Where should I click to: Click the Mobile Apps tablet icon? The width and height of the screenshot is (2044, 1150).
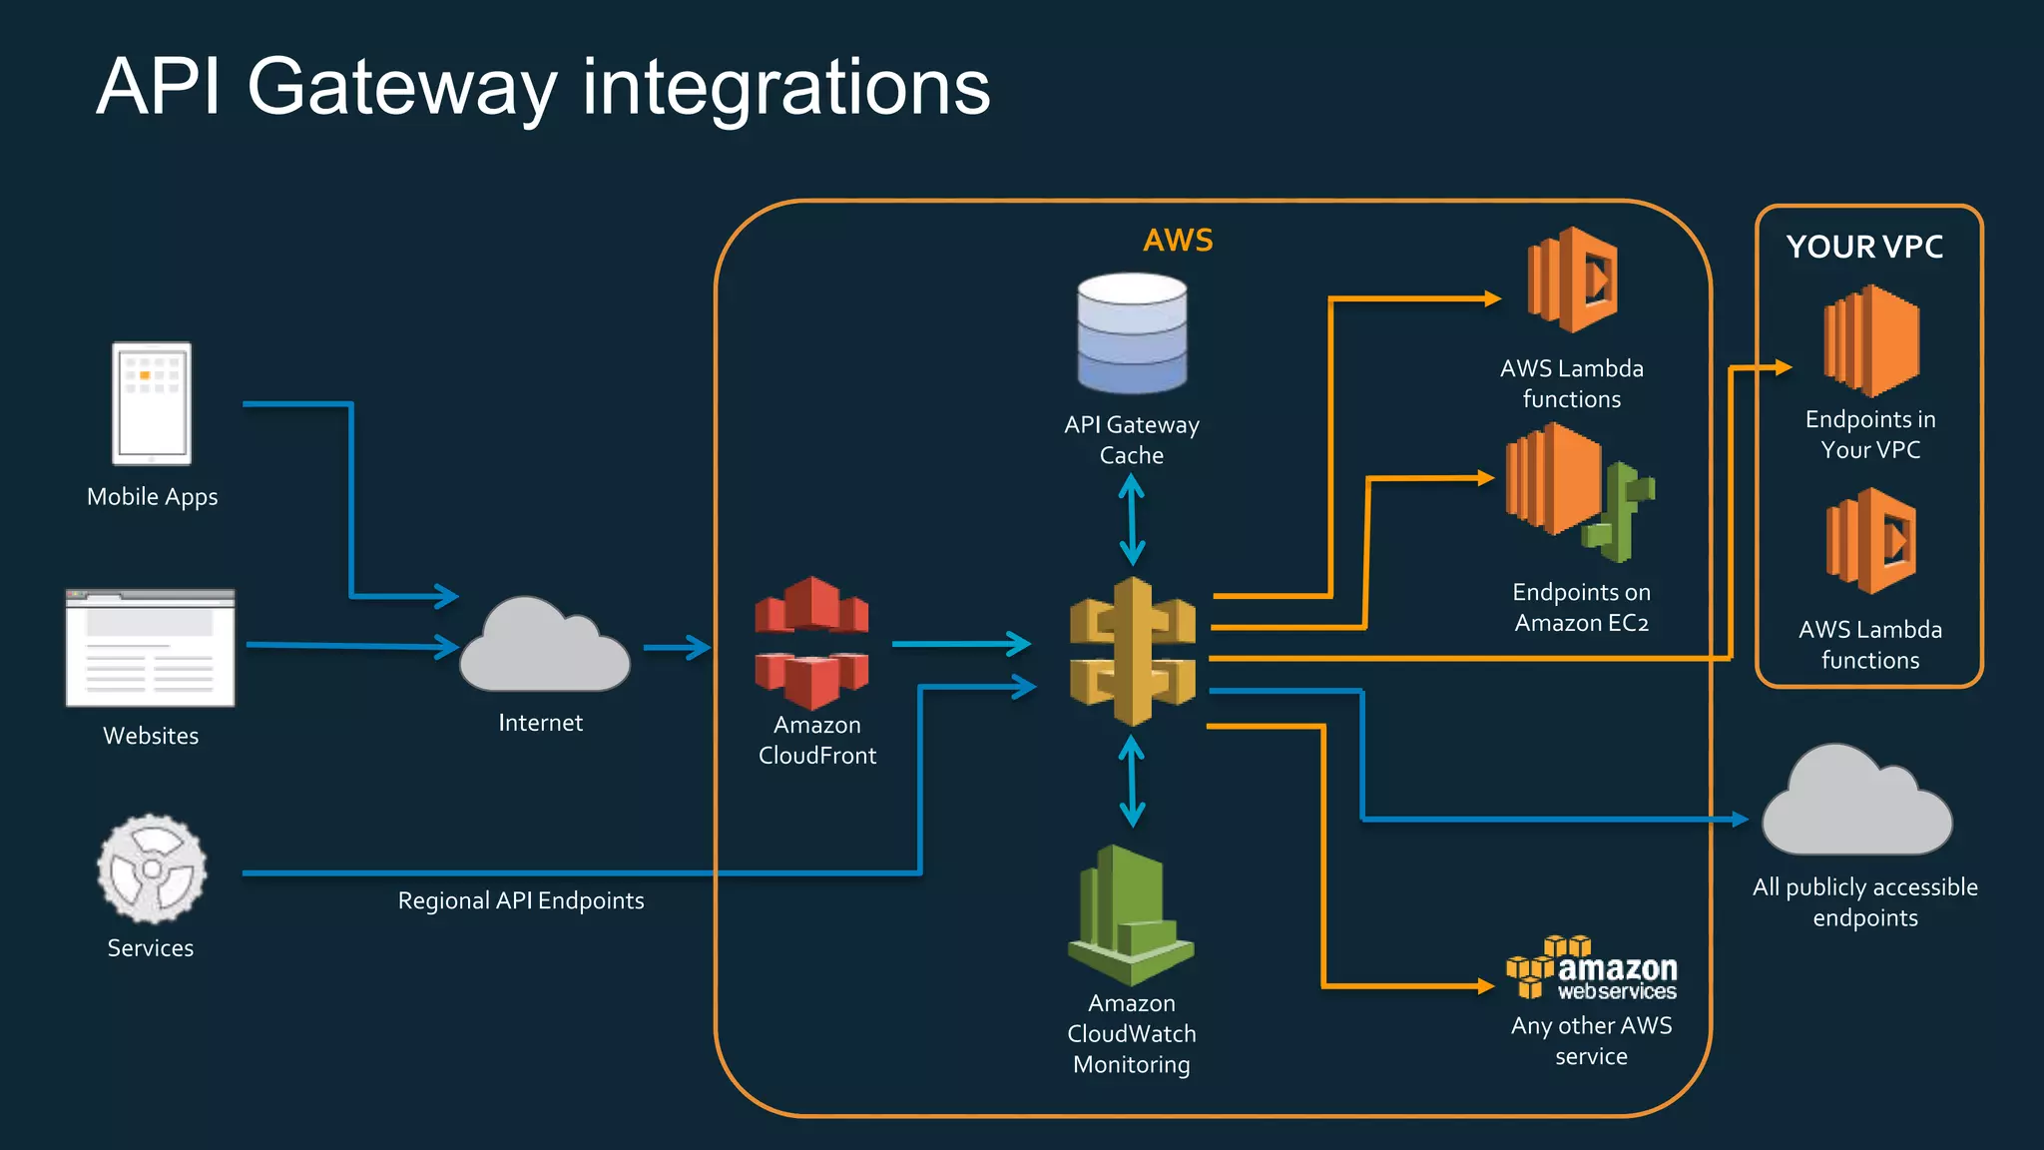(152, 403)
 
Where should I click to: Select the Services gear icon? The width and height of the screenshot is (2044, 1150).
(152, 868)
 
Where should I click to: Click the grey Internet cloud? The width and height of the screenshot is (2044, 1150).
(544, 649)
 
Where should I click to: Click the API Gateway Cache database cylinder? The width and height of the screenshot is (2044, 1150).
(1132, 333)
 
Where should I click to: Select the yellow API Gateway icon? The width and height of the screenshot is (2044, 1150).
(1132, 651)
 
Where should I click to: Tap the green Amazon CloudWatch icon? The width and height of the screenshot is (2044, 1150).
(1131, 913)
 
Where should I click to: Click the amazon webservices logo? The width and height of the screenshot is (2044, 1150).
(1592, 969)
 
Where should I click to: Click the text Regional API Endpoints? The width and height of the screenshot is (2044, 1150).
(521, 900)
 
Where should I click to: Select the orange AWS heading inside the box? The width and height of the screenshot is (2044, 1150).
(1178, 241)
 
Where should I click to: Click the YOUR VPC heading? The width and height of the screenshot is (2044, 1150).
(1864, 247)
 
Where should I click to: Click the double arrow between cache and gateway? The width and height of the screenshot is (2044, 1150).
(1132, 519)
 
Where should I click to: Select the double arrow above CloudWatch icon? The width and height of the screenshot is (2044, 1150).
(1132, 781)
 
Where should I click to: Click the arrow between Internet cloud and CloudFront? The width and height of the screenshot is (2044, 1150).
(677, 648)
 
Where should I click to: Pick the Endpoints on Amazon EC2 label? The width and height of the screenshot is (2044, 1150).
(1581, 607)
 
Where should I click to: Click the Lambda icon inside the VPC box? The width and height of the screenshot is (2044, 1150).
(1871, 541)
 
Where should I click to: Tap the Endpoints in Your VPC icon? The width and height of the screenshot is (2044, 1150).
(1871, 341)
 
